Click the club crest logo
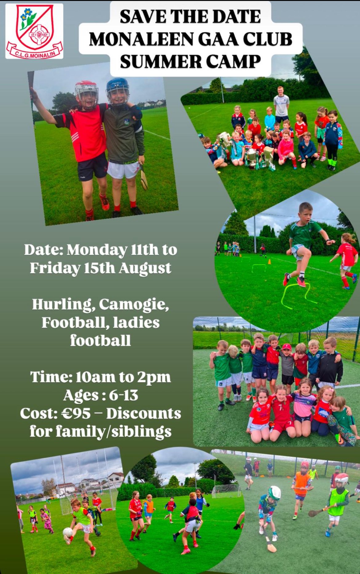[34, 31]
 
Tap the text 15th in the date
[99, 268]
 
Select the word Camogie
[134, 305]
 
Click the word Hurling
[62, 305]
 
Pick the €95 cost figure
[76, 414]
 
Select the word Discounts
[144, 414]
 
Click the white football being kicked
[67, 532]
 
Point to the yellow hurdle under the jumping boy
[297, 295]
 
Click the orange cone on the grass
[269, 262]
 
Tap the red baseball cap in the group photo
[286, 347]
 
